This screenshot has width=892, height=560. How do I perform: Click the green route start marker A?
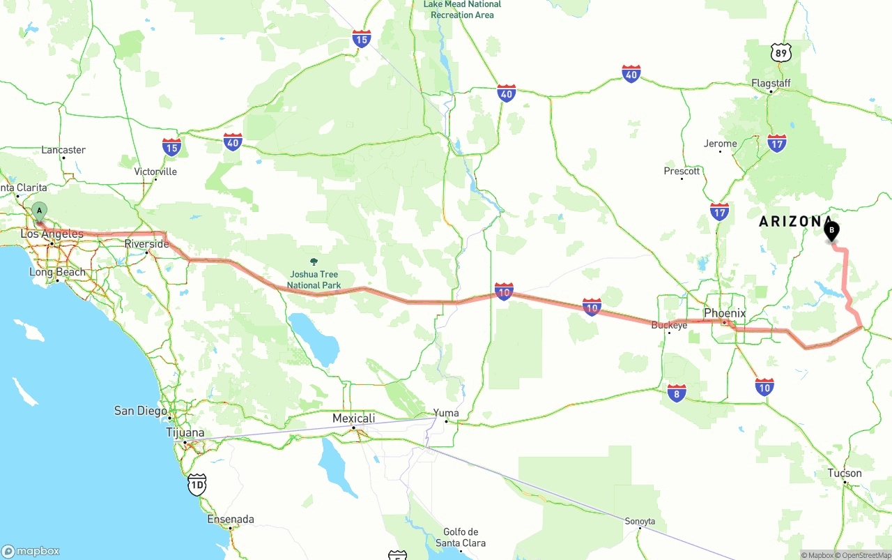[x=40, y=211]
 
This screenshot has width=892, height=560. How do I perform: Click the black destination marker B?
[x=831, y=230]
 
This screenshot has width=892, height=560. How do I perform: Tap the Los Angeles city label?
[x=52, y=234]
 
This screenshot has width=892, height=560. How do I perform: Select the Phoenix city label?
[x=725, y=313]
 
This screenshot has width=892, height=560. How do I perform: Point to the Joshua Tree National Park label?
[x=314, y=280]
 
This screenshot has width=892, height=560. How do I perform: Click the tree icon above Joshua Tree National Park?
[x=314, y=262]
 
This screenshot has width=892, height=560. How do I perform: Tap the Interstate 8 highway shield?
[x=676, y=393]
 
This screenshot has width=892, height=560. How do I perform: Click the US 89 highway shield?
[x=782, y=52]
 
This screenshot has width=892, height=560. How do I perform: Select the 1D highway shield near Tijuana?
[x=197, y=485]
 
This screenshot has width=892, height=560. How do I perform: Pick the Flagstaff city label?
[x=771, y=83]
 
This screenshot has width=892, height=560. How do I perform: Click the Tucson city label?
[x=845, y=473]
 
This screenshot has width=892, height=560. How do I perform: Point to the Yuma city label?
[x=446, y=413]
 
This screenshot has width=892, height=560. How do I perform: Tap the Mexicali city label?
[x=353, y=418]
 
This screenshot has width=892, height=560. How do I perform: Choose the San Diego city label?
[x=141, y=411]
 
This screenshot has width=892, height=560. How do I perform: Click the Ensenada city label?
[x=231, y=519]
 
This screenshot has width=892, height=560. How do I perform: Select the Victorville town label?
[x=155, y=172]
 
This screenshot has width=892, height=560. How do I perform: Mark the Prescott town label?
[x=682, y=171]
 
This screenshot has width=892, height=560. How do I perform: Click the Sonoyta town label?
[x=640, y=521]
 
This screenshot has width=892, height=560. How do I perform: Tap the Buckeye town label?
[x=669, y=325]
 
